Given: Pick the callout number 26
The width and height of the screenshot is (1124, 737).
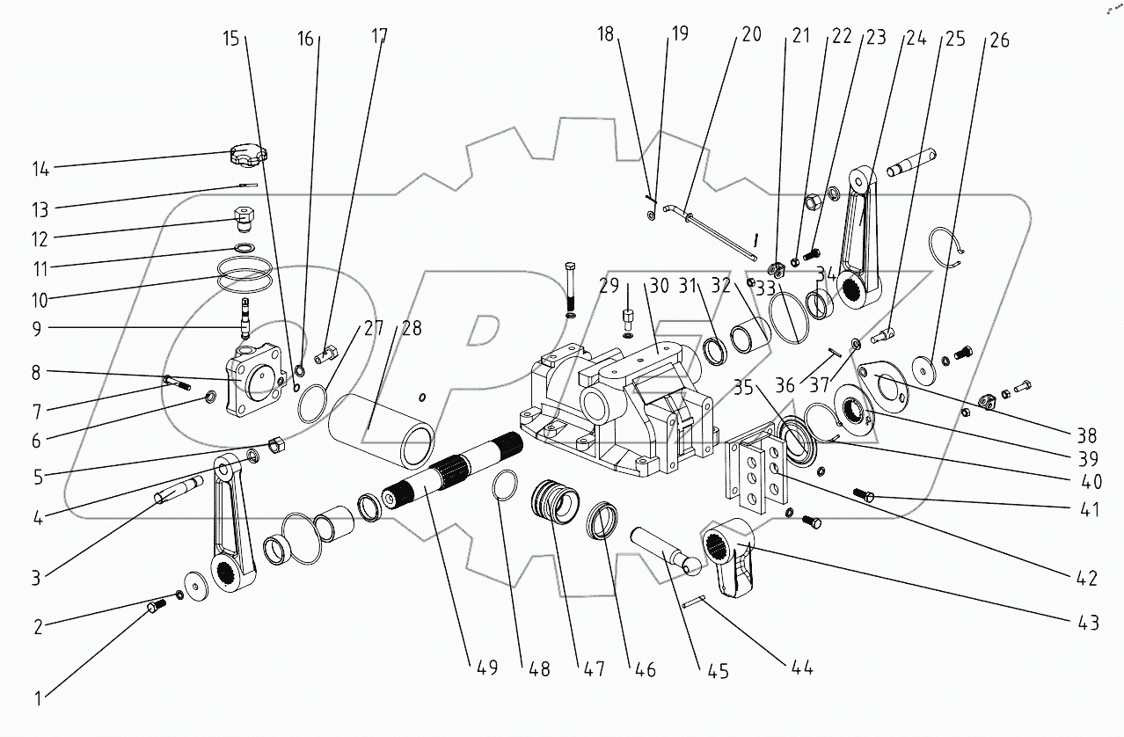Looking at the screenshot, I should point(998,40).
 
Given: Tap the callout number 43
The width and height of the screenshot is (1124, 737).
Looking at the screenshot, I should point(1087,623).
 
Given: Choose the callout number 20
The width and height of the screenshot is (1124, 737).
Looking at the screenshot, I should point(751,35).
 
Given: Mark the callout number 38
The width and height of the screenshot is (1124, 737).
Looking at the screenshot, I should point(1086,434).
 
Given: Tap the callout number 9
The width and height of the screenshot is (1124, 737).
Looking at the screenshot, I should point(38,328).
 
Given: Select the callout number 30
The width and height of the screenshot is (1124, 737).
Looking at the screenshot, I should point(660,287).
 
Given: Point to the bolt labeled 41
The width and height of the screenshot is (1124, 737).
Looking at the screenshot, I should point(864,498).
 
